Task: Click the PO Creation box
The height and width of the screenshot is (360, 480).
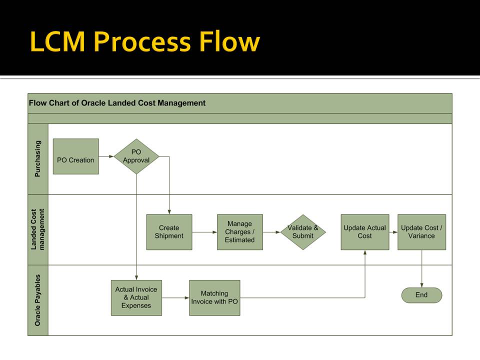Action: pyautogui.click(x=76, y=156)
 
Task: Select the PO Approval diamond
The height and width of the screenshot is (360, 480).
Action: pyautogui.click(x=136, y=156)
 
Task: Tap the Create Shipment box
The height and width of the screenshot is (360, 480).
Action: pyautogui.click(x=169, y=232)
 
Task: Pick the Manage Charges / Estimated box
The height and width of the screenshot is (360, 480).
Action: pyautogui.click(x=240, y=232)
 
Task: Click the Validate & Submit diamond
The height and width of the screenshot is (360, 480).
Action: pyautogui.click(x=303, y=232)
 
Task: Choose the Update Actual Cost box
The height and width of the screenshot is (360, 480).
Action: pyautogui.click(x=365, y=232)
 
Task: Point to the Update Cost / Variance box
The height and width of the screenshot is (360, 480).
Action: pyautogui.click(x=422, y=232)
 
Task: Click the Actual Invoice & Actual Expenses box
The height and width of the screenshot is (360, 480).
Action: pyautogui.click(x=136, y=298)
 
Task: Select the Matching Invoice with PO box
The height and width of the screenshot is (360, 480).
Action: pyautogui.click(x=214, y=298)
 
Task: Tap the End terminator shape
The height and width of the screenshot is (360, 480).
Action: pyautogui.click(x=422, y=295)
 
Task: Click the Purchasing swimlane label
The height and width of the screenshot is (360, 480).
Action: pyautogui.click(x=37, y=158)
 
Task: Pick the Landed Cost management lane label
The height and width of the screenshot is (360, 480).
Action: pyautogui.click(x=37, y=229)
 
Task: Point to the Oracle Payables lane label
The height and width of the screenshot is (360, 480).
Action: pyautogui.click(x=37, y=300)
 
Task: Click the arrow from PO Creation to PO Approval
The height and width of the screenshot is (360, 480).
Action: pyautogui.click(x=106, y=156)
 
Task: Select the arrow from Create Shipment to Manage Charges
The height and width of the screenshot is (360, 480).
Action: pyautogui.click(x=204, y=232)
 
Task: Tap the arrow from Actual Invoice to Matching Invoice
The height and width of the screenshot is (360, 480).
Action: pyautogui.click(x=175, y=298)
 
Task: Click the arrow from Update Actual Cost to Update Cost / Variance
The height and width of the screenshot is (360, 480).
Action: pyautogui.click(x=393, y=232)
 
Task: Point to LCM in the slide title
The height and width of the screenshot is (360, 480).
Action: pyautogui.click(x=57, y=41)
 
